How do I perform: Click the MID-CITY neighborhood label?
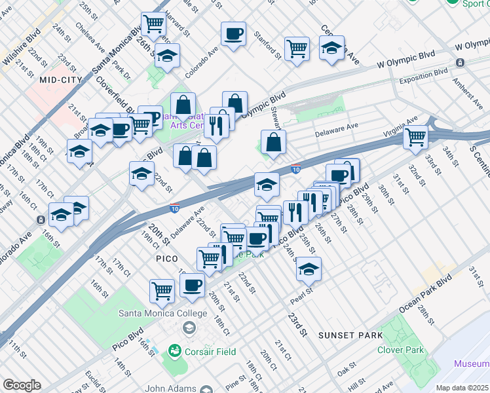pos(60,79)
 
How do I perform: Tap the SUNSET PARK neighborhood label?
pos(350,335)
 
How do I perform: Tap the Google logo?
pos(22,385)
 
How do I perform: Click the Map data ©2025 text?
pos(462,388)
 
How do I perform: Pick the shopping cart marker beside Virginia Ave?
pos(416,138)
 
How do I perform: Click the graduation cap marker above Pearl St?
pos(309,268)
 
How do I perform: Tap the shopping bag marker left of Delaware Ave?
pos(273,141)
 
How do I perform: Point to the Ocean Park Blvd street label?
pos(426,288)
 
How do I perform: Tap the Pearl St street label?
pos(300,296)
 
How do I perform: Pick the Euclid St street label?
pos(90,381)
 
